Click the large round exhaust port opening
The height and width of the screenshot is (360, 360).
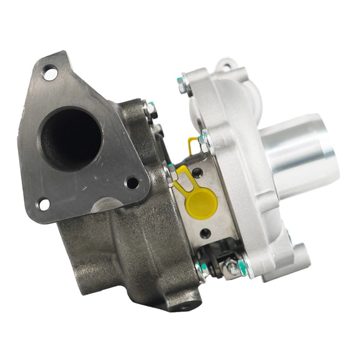click(70, 137)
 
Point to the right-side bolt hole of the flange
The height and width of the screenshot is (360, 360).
click(132, 182)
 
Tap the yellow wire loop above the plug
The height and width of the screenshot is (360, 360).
click(195, 144)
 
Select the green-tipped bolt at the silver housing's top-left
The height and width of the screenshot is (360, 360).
click(182, 82)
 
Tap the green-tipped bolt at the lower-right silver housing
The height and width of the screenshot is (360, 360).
click(243, 268)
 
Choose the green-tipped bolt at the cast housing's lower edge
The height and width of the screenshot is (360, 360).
click(200, 268)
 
